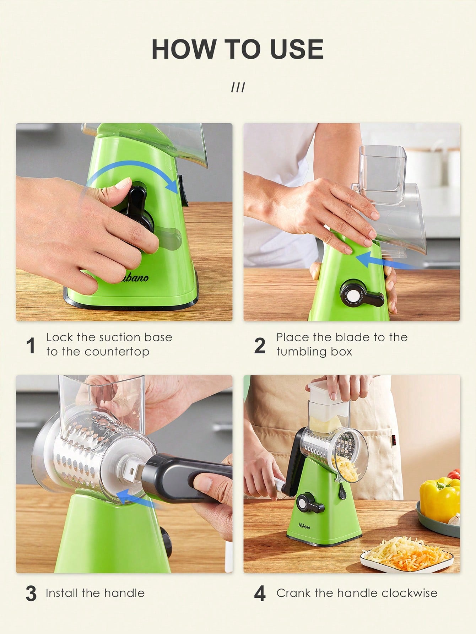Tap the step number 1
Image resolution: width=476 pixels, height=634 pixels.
click(x=31, y=346)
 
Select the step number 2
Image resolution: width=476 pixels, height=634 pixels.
click(x=260, y=346)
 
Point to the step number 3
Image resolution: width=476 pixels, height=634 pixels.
click(x=31, y=594)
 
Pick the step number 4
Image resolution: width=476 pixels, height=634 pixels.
click(x=260, y=594)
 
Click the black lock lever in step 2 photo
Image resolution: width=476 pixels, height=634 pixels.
click(x=362, y=294)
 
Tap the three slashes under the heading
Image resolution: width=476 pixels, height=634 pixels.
click(x=238, y=87)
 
